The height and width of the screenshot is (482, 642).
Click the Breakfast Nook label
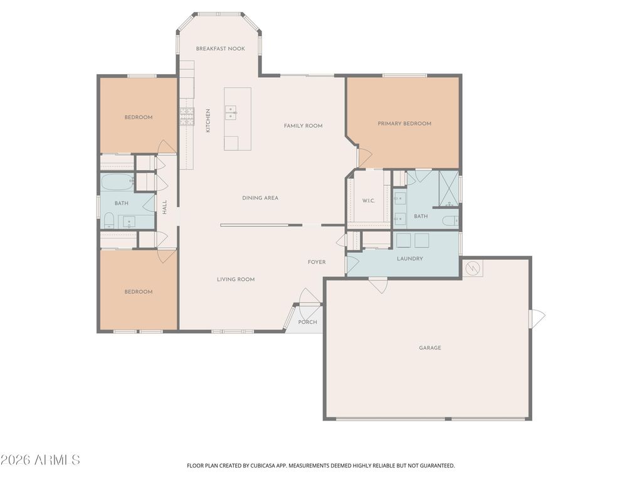click(x=220, y=48)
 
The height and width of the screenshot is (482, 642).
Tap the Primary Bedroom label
click(x=404, y=124)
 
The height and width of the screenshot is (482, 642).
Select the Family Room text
click(x=303, y=126)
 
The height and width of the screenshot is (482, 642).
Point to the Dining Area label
click(x=260, y=198)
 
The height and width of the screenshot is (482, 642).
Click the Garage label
click(x=430, y=348)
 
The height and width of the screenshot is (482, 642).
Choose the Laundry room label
click(x=409, y=259)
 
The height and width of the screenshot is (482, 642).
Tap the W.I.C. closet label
click(x=368, y=201)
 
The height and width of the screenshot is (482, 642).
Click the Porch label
click(x=307, y=322)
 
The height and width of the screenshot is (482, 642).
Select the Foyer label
click(x=316, y=262)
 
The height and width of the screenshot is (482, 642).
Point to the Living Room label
click(x=236, y=279)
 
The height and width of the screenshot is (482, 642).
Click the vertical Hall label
click(x=165, y=207)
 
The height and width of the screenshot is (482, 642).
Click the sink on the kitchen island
click(x=231, y=112)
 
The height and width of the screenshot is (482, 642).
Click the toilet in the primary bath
click(x=449, y=221)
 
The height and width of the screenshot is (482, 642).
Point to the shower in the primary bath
click(x=448, y=188)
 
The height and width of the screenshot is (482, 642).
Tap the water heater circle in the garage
click(x=472, y=268)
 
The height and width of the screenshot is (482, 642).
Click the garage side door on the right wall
click(x=537, y=319)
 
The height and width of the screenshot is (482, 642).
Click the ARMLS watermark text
click(x=40, y=460)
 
